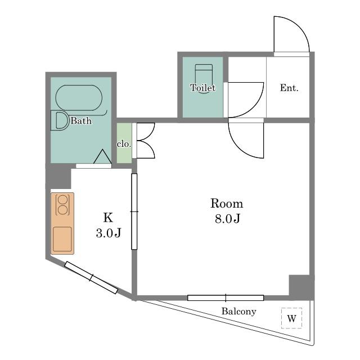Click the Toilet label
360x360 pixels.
202,88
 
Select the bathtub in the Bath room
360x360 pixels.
79,98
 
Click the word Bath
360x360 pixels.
81,121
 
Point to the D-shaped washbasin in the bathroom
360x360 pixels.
60,120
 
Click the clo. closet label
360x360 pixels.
124,144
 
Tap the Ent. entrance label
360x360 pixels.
289,88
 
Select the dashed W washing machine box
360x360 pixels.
291,318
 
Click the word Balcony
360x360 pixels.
238,312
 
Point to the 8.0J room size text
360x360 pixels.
227,218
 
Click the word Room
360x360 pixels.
227,204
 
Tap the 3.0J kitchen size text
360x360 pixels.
109,233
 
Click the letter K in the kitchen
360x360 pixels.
108,218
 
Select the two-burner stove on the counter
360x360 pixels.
62,205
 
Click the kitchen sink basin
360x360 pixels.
62,239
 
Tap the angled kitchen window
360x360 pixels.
91,277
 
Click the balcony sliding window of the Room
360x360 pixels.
226,298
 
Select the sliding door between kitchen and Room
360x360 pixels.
134,211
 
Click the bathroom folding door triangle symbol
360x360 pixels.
102,156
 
